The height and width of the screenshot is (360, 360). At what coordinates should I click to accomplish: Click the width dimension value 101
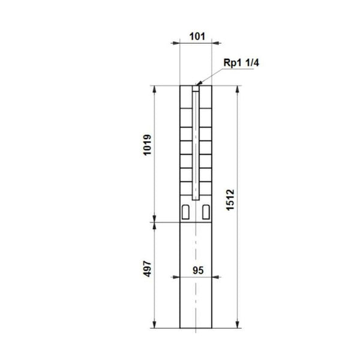196,35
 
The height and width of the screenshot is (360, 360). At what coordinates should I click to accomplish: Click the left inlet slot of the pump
186,211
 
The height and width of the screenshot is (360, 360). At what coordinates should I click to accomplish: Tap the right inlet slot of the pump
207,211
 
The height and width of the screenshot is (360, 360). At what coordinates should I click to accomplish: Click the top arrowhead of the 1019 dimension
155,89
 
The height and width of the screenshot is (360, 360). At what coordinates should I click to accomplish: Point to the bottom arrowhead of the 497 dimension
155,324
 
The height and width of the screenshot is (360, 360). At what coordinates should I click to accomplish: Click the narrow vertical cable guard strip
196,144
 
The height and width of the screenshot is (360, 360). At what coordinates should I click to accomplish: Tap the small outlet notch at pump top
196,88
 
